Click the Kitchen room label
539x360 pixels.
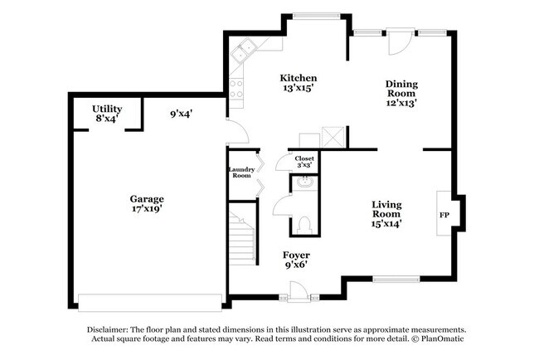coord(297,83)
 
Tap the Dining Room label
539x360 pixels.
coord(401,93)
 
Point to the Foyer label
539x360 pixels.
coord(296,260)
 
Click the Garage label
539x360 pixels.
coord(146,203)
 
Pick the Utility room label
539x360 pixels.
coord(107,114)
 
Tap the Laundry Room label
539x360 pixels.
coord(241,173)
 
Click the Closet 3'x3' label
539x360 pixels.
coord(304,161)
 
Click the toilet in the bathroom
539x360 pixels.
coord(303,223)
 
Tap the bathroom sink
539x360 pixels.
coord(303,184)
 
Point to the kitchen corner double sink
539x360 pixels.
coord(244,53)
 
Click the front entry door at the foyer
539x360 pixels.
coord(296,293)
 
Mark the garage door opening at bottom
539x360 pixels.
coord(148,298)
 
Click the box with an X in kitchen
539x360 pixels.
coord(333,139)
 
